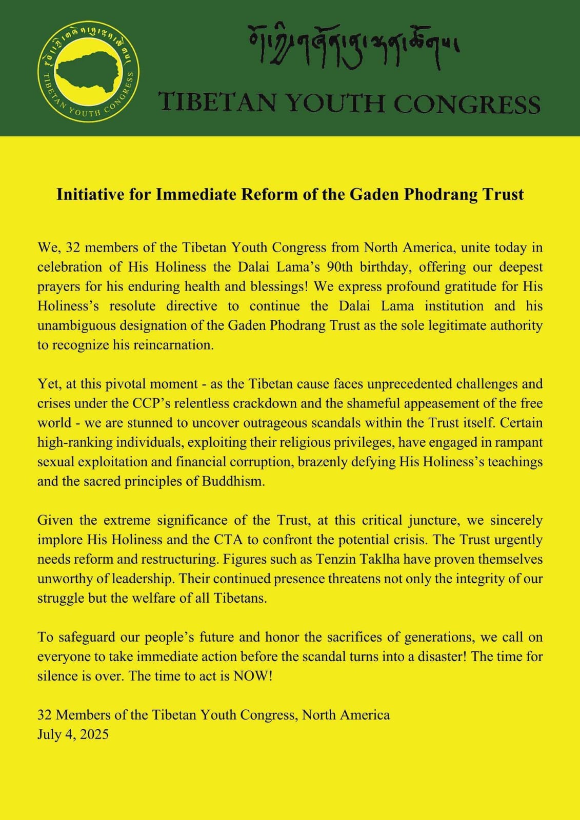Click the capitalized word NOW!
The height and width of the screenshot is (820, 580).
pyautogui.click(x=252, y=676)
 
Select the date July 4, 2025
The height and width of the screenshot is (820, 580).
pyautogui.click(x=73, y=734)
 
